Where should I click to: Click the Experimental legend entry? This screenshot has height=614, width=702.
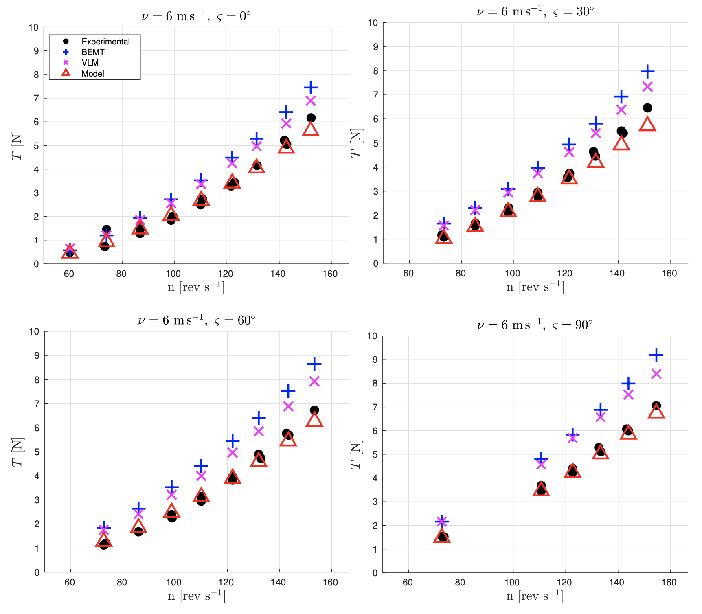click(105, 42)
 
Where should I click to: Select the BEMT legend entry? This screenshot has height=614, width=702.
click(93, 52)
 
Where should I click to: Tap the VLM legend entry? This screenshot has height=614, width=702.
click(90, 63)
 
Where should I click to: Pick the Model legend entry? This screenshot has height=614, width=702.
click(93, 74)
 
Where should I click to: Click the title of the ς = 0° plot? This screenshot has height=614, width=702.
click(196, 16)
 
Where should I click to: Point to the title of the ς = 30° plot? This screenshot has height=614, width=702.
click(535, 12)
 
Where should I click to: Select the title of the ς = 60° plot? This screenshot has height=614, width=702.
click(196, 320)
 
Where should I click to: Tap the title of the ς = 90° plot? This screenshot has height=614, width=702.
click(535, 325)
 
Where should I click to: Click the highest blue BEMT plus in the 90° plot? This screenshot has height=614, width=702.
click(656, 355)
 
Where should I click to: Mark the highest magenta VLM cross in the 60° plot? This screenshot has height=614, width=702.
click(314, 381)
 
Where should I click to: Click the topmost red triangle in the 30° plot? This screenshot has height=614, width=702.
click(647, 124)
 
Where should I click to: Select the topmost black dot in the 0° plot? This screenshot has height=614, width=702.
click(311, 118)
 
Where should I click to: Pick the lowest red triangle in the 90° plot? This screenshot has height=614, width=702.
click(442, 536)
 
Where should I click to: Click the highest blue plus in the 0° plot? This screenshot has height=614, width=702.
click(311, 88)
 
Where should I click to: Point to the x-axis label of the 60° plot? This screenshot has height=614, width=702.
click(196, 596)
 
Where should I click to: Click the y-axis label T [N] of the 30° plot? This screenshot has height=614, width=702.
click(356, 143)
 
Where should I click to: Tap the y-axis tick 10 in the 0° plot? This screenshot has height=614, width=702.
click(33, 28)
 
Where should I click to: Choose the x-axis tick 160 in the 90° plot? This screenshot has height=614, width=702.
click(669, 582)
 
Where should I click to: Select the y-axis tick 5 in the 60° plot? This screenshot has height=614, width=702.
click(37, 452)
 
